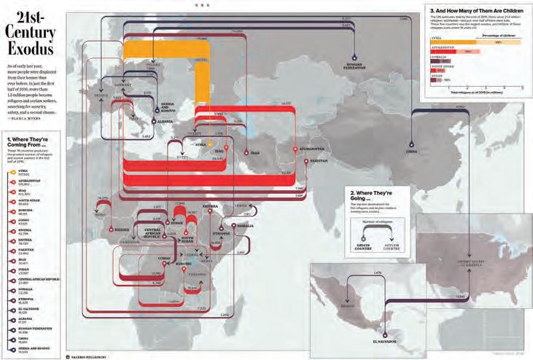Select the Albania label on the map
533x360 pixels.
click(166, 121)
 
